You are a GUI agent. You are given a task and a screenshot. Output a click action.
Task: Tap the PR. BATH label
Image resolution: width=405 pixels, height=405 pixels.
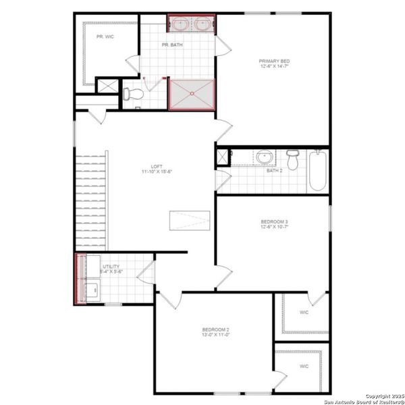pyautogui.click(x=171, y=45)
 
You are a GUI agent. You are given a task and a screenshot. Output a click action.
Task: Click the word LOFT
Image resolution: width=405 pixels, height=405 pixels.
pyautogui.click(x=156, y=167)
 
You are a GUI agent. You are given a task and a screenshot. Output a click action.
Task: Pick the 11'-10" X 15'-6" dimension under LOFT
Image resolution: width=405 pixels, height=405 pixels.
pyautogui.click(x=156, y=173)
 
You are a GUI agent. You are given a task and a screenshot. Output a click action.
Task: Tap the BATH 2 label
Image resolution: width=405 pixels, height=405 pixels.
pyautogui.click(x=274, y=171)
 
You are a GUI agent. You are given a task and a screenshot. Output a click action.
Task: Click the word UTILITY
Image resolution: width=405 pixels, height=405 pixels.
pyautogui.click(x=111, y=267)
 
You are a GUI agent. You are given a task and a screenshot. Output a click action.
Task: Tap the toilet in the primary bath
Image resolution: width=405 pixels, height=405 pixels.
pyautogui.click(x=132, y=93)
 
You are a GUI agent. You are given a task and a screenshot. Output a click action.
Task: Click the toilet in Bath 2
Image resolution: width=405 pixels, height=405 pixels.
pyautogui.click(x=292, y=161)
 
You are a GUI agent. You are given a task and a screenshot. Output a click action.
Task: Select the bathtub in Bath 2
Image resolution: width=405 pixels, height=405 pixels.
pyautogui.click(x=317, y=171)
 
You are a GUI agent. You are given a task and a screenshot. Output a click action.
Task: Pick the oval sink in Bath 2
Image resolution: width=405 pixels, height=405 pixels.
pyautogui.click(x=263, y=158)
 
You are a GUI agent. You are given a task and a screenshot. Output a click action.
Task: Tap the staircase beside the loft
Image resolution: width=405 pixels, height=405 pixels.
pyautogui.click(x=90, y=202)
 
